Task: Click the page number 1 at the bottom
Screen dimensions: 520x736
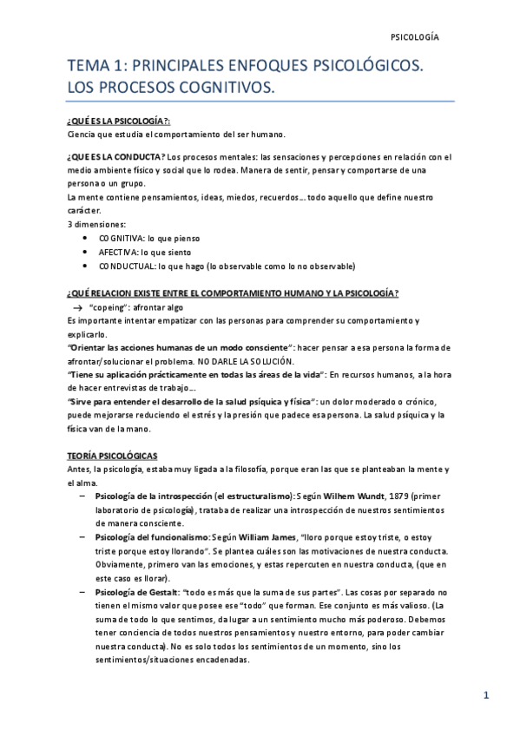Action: click(487, 695)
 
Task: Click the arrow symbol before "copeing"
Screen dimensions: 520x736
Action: click(76, 307)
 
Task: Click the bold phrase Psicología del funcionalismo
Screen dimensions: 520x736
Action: click(153, 538)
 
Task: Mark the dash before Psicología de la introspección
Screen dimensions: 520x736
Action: click(82, 496)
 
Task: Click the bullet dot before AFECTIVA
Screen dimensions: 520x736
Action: click(83, 252)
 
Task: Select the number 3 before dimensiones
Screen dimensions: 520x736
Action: click(69, 225)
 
